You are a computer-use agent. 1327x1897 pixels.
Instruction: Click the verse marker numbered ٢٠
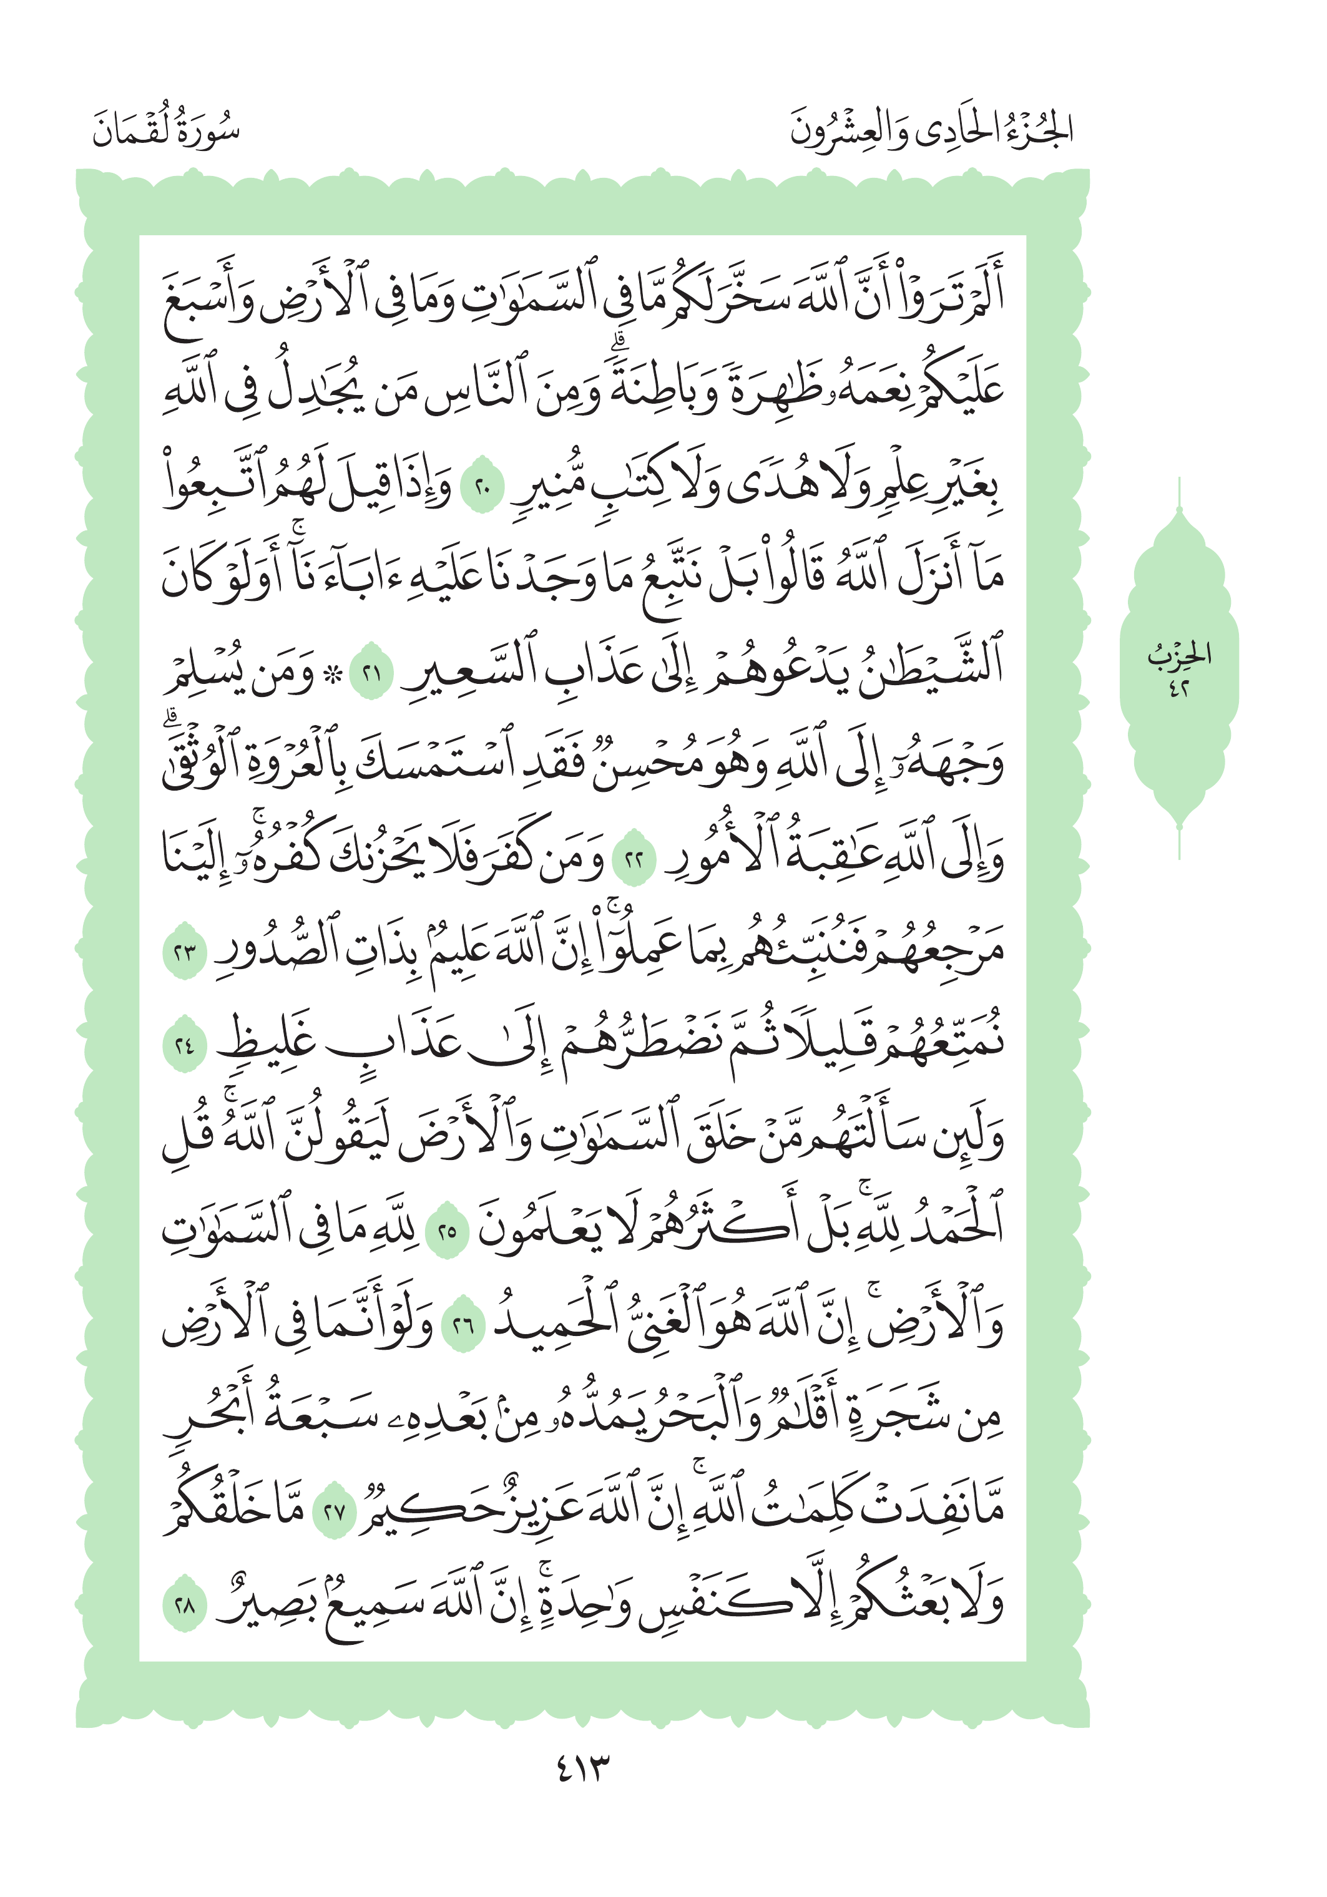point(482,489)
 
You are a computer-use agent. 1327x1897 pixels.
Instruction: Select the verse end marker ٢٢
point(635,860)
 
